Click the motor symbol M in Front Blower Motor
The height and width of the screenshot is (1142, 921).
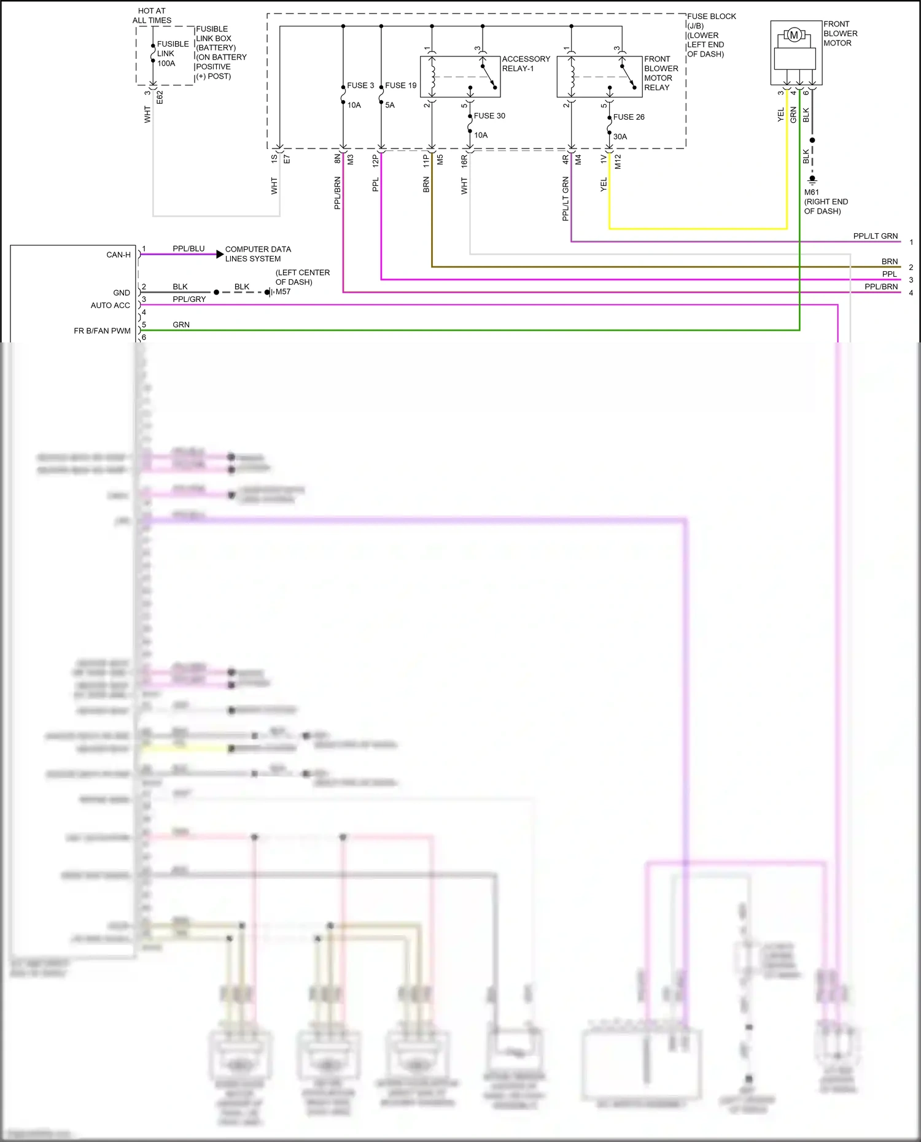pos(794,35)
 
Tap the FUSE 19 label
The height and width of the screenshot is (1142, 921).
pos(401,85)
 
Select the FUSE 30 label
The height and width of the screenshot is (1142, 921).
pos(489,115)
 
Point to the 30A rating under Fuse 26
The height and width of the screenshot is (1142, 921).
pos(620,136)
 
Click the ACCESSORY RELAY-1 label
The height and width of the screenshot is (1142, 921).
pos(526,63)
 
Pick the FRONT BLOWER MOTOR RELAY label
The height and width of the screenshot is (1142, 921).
pos(661,73)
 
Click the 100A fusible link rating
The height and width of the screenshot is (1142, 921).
pos(166,63)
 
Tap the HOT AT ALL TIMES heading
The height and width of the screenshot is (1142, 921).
pos(152,15)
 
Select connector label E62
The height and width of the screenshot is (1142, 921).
pos(160,97)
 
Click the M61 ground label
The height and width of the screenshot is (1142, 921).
pos(811,192)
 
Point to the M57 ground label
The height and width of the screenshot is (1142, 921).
pos(283,291)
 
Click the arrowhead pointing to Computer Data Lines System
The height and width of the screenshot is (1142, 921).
pos(220,254)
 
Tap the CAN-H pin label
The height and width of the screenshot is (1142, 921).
pos(119,255)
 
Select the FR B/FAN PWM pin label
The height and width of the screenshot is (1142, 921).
pos(102,331)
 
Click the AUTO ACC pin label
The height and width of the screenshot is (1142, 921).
pos(111,305)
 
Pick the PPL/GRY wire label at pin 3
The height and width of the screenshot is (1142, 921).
pos(189,299)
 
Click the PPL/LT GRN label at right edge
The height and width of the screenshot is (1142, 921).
pos(875,236)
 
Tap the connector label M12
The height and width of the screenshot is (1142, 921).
pos(618,161)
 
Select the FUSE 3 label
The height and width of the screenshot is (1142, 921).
pos(360,85)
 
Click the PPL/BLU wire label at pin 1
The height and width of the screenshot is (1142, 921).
pos(188,249)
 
